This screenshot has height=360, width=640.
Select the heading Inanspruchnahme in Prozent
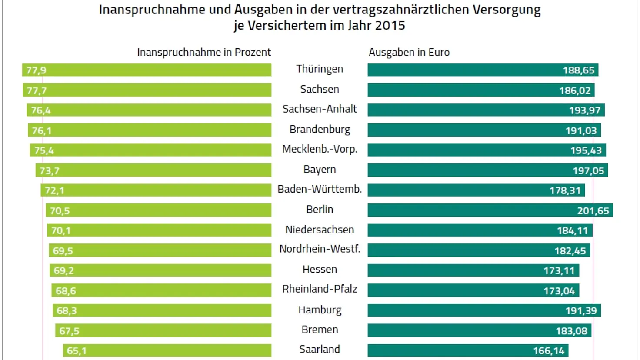coord(204,52)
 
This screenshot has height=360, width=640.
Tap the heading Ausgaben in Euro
coord(409,52)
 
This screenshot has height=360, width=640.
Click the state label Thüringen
coord(320,69)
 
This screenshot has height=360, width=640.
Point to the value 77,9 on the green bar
coord(36,70)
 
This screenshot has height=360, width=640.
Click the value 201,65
coord(593,211)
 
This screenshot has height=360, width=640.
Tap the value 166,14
coord(549,351)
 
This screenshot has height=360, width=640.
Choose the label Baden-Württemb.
coord(320,189)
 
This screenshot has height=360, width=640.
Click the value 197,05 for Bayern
coord(588,170)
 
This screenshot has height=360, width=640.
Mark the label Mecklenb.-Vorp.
coord(320,149)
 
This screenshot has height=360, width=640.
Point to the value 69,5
coord(63,251)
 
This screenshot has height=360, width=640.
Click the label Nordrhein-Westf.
coord(320,249)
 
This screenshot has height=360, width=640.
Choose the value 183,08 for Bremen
coord(571,331)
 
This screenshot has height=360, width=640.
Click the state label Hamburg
coord(320,310)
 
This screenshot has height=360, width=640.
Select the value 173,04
coord(559,291)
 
